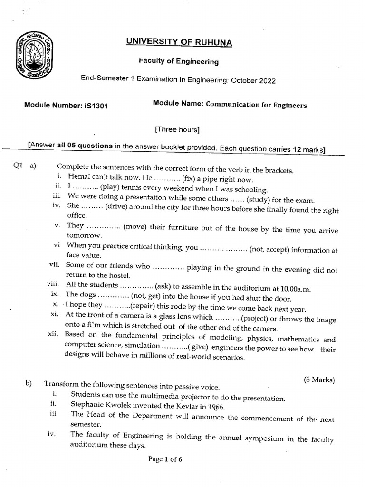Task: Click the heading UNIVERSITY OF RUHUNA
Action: [179, 42]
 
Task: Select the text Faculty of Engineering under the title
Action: [178, 61]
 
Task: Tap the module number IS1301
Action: [95, 106]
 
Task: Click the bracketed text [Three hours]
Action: [177, 129]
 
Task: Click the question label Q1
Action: [18, 166]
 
